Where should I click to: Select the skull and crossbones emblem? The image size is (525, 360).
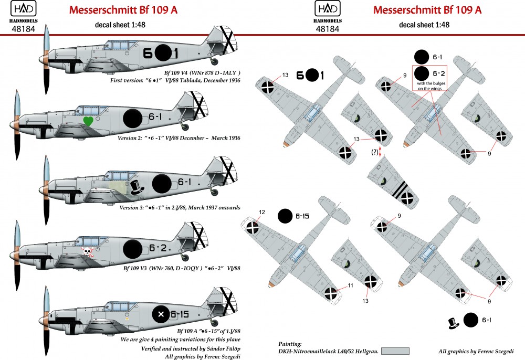(x=88, y=252)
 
